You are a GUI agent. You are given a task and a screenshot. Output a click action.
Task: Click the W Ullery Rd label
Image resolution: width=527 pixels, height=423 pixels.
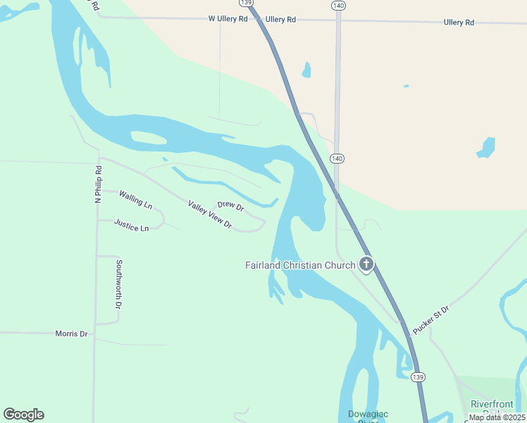(x=228, y=19)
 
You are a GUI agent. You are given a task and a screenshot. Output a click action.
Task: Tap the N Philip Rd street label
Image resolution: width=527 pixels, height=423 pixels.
(x=99, y=185)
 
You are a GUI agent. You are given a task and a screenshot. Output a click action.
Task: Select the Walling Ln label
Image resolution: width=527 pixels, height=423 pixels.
(x=135, y=200)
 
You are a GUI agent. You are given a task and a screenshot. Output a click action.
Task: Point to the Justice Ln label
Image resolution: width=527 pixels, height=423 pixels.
(x=132, y=228)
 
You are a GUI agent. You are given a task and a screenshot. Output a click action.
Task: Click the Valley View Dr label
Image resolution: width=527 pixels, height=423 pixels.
(x=210, y=214)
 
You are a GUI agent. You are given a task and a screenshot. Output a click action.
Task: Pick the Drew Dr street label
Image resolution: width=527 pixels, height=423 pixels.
(x=230, y=207)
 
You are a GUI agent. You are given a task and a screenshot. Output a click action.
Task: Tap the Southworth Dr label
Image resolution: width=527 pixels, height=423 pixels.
(x=118, y=285)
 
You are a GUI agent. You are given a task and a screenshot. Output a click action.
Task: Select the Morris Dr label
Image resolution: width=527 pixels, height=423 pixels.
(x=71, y=333)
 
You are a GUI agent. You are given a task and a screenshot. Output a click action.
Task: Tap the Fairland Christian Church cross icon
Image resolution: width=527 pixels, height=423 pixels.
(x=366, y=265)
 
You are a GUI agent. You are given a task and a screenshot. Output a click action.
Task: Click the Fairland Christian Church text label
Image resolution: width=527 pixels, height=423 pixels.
(x=299, y=266)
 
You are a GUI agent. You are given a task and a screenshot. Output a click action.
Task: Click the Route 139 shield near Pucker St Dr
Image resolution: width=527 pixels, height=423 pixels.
(x=418, y=377)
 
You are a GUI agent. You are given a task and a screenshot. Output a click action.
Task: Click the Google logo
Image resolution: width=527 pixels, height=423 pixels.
(x=23, y=415)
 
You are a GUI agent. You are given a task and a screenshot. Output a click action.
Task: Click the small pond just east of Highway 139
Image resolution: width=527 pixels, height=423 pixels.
(x=306, y=70)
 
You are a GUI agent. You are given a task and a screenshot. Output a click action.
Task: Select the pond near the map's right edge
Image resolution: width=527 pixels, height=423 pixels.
(x=486, y=147)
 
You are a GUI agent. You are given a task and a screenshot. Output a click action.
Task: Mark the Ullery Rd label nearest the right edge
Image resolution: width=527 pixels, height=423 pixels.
(x=459, y=23)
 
